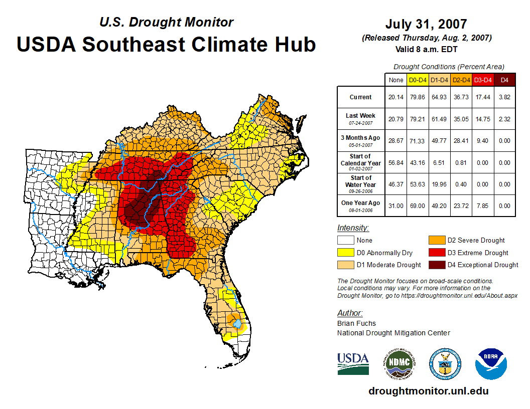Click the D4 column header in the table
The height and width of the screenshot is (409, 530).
[504, 80]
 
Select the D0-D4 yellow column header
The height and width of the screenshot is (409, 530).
[418, 80]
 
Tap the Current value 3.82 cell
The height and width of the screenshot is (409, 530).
[504, 97]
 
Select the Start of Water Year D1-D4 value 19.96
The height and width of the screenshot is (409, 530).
[439, 184]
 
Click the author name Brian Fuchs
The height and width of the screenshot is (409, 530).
[356, 323]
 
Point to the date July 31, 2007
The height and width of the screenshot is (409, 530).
[426, 24]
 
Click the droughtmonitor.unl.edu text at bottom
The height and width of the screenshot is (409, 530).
[428, 391]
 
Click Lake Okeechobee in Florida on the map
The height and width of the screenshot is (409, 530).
[236, 324]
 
